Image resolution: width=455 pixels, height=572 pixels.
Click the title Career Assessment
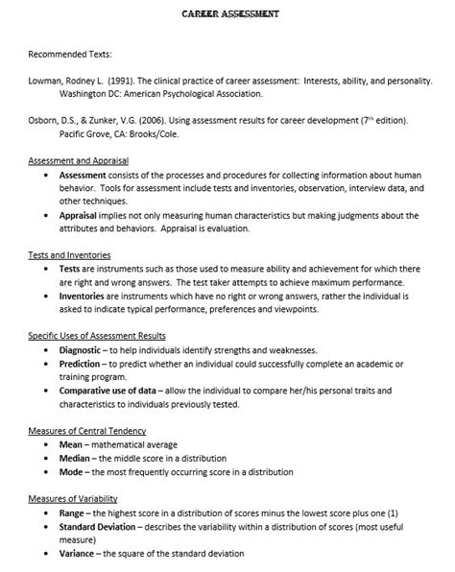click(230, 14)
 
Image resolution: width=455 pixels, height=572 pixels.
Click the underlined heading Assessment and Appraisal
click(78, 161)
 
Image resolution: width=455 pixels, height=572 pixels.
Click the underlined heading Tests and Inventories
click(69, 256)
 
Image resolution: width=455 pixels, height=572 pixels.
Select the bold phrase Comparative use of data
click(110, 391)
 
